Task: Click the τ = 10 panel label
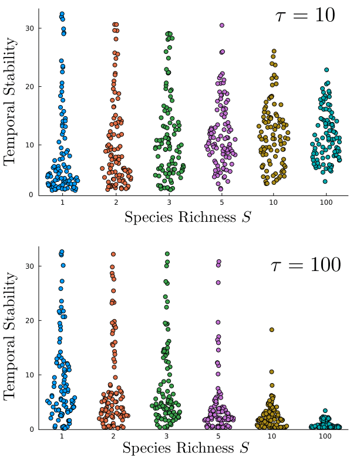[305, 16]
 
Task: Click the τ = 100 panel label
[305, 265]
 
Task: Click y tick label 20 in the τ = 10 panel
[29, 86]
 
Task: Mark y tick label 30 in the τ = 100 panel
[29, 266]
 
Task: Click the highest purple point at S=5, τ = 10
[222, 25]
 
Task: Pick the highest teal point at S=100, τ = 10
[327, 70]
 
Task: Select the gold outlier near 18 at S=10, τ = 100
[272, 330]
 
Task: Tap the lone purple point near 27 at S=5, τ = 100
[218, 282]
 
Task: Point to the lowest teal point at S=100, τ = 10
[325, 181]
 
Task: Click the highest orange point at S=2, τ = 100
[113, 254]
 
